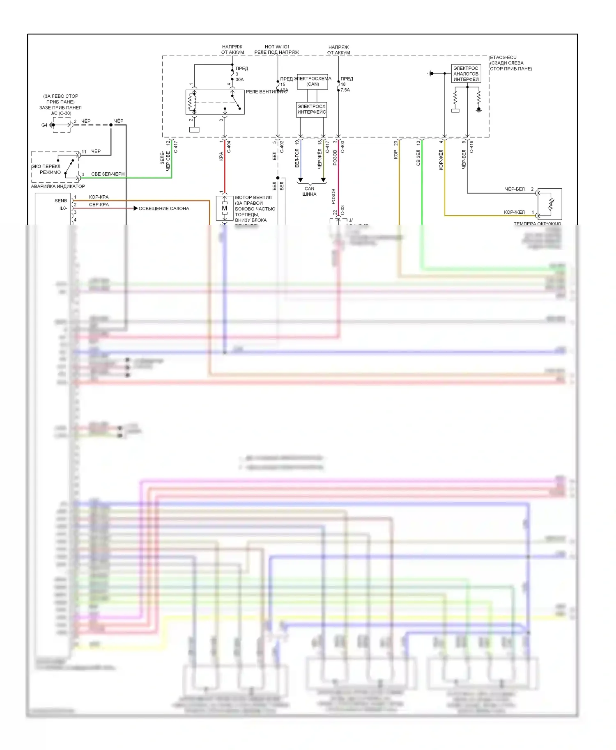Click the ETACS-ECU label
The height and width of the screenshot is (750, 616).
click(503, 57)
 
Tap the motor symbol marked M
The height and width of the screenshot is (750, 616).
click(224, 208)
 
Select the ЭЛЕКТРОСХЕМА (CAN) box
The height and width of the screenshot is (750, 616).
click(313, 81)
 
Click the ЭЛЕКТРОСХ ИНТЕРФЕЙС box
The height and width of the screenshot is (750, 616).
click(312, 109)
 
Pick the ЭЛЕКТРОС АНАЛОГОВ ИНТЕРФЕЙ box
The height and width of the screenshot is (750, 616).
click(466, 74)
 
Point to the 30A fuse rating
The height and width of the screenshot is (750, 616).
click(239, 80)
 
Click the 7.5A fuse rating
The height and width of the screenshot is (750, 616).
click(345, 90)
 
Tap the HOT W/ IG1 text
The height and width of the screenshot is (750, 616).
click(277, 47)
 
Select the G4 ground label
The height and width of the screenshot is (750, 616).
click(44, 125)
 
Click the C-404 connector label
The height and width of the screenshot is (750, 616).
click(229, 147)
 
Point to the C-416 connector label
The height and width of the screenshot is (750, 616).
click(471, 147)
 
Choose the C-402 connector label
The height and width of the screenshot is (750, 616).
click(282, 147)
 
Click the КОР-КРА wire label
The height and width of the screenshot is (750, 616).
click(99, 197)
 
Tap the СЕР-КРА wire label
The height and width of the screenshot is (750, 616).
click(99, 204)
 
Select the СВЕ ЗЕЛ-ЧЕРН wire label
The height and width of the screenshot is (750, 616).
click(108, 174)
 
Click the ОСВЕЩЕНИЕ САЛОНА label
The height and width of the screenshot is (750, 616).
click(164, 208)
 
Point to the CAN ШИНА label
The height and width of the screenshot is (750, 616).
click(310, 191)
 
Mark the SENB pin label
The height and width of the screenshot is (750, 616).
click(61, 201)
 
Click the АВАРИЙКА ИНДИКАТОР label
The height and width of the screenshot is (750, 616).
click(58, 186)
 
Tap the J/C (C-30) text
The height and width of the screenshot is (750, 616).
click(61, 113)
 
